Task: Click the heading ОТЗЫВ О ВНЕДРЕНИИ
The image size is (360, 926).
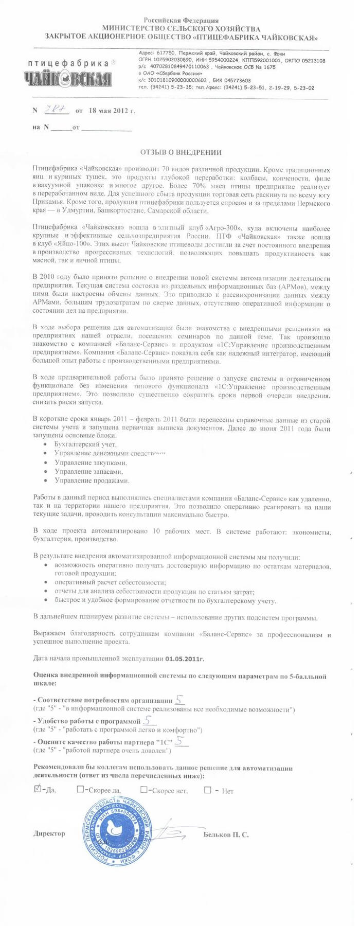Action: (x=181, y=152)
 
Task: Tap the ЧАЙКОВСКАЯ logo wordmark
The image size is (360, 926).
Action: (x=67, y=79)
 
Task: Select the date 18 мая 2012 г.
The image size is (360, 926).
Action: (x=112, y=110)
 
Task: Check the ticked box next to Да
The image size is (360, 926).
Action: (x=38, y=789)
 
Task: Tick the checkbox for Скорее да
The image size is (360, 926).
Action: (x=80, y=789)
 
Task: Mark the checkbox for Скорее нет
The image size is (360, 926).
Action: (x=143, y=789)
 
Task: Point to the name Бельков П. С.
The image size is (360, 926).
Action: (x=226, y=834)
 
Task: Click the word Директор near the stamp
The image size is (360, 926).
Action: (x=49, y=833)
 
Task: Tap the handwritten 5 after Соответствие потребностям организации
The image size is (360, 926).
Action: (x=179, y=699)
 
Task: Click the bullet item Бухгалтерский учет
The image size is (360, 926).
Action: (x=85, y=443)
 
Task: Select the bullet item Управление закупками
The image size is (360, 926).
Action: (x=91, y=462)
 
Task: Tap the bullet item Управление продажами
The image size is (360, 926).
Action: (x=92, y=480)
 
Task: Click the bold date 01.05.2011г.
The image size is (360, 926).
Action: (x=185, y=658)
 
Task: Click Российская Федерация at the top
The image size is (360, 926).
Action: (x=181, y=21)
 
